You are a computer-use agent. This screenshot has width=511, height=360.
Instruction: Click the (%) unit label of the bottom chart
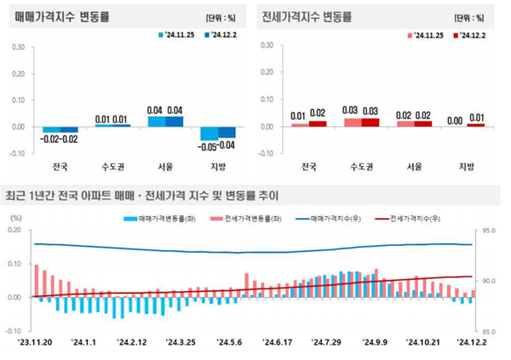(15, 219)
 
